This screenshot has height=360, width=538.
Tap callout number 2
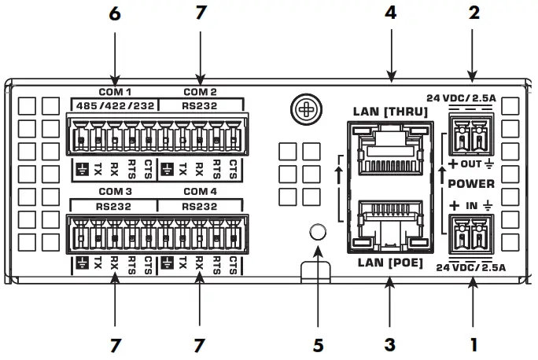click(x=474, y=13)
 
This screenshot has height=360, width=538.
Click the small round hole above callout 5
click(x=317, y=231)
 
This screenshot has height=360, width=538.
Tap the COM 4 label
click(x=201, y=191)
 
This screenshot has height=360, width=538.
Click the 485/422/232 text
click(x=112, y=104)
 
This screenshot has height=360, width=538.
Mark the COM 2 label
click(x=200, y=91)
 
